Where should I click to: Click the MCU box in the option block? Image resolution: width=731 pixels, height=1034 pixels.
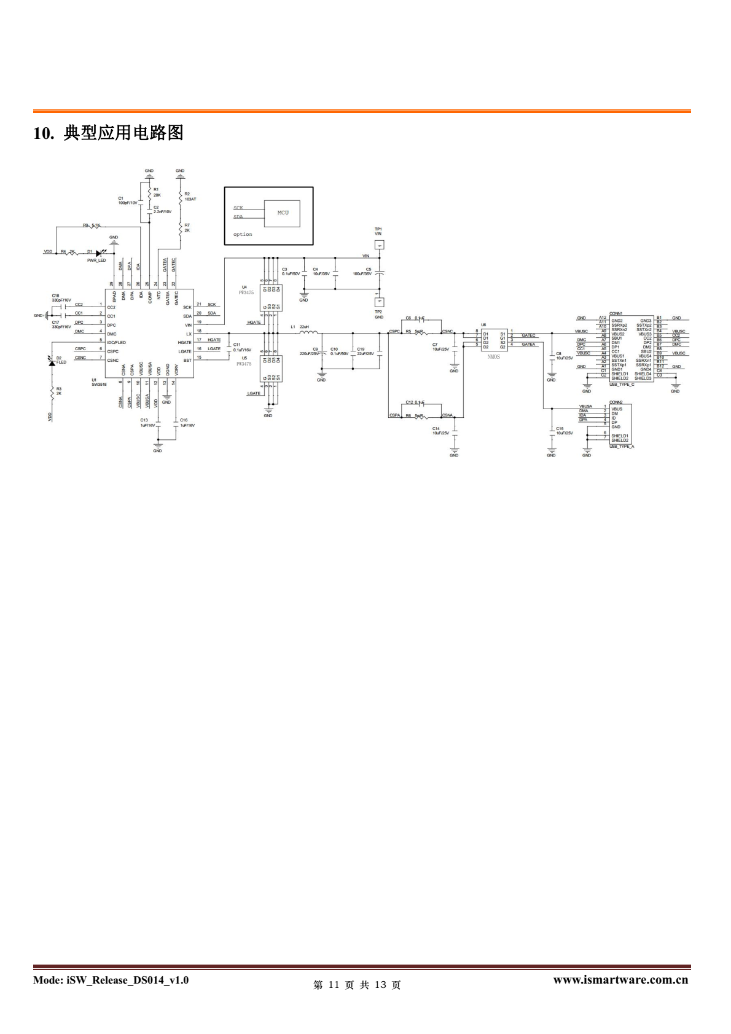pyautogui.click(x=282, y=213)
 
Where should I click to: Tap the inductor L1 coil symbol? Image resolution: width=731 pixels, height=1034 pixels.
pyautogui.click(x=308, y=332)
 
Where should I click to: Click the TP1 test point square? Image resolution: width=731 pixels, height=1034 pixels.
pyautogui.click(x=378, y=245)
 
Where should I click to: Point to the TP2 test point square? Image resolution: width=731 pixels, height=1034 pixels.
pyautogui.click(x=378, y=302)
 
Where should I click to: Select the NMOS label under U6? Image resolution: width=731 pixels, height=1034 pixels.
pyautogui.click(x=494, y=356)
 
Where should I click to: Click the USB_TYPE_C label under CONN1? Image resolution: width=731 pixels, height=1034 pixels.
pyautogui.click(x=622, y=384)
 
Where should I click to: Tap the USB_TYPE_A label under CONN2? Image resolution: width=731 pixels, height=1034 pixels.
pyautogui.click(x=622, y=447)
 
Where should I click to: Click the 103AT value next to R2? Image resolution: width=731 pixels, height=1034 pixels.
pyautogui.click(x=190, y=199)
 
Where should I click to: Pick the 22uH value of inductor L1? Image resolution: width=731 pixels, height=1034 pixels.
pyautogui.click(x=304, y=327)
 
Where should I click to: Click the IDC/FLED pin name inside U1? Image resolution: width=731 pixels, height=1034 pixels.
pyautogui.click(x=116, y=342)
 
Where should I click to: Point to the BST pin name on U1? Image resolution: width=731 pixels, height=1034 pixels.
pyautogui.click(x=187, y=361)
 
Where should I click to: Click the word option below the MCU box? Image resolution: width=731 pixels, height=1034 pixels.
pyautogui.click(x=243, y=234)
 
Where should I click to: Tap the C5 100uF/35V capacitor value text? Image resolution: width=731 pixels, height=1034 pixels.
pyautogui.click(x=362, y=273)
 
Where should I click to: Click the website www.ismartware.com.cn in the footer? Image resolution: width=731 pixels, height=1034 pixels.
pyautogui.click(x=620, y=980)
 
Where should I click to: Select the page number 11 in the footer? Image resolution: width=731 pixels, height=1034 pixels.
pyautogui.click(x=334, y=985)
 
